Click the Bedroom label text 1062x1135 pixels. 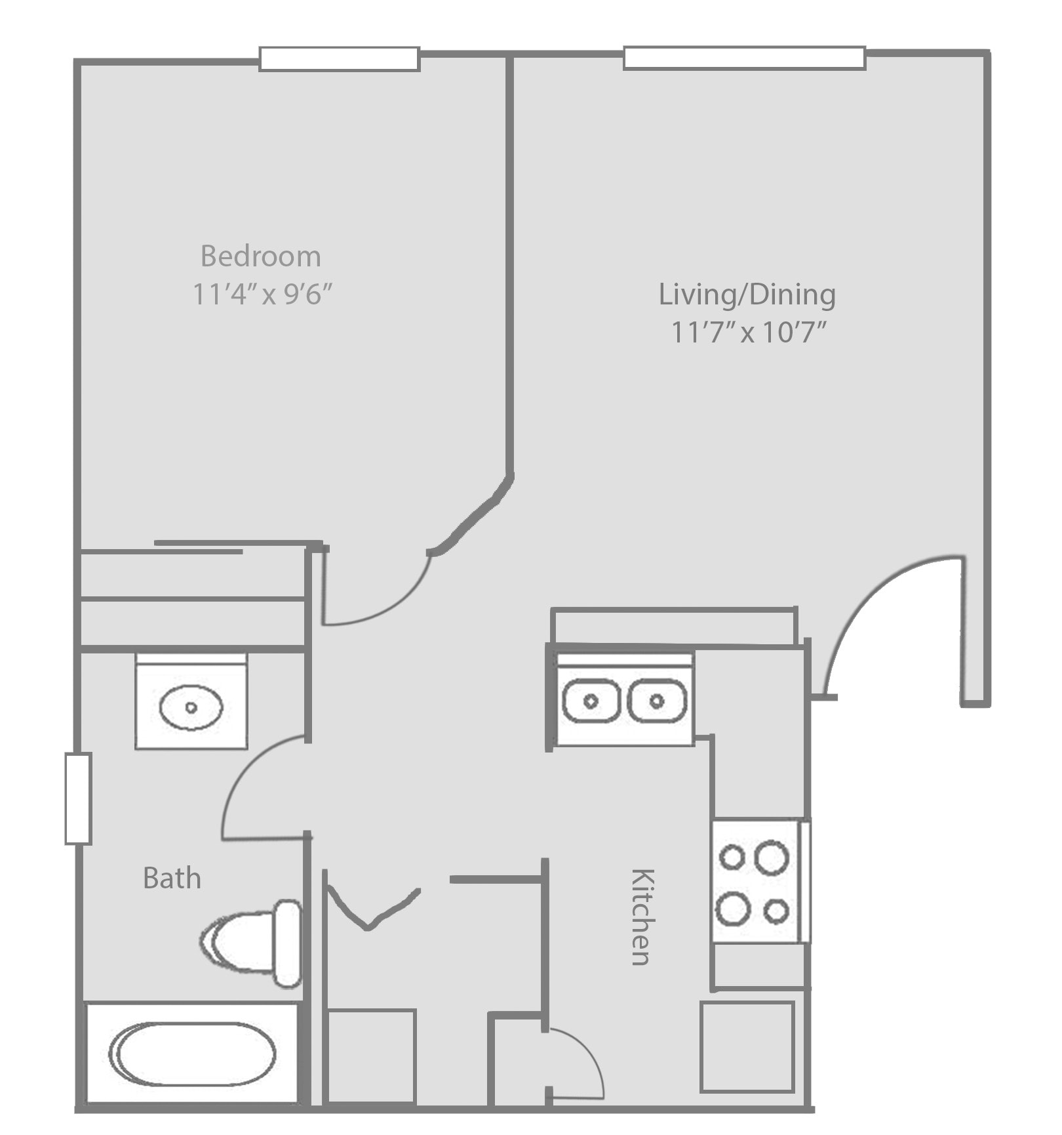pyautogui.click(x=260, y=256)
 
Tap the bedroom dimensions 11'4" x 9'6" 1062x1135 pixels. pyautogui.click(x=262, y=295)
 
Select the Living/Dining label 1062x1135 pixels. pyautogui.click(x=747, y=294)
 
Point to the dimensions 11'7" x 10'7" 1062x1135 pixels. pyautogui.click(x=747, y=333)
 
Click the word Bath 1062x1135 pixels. pyautogui.click(x=172, y=878)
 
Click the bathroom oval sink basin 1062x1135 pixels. pyautogui.click(x=191, y=707)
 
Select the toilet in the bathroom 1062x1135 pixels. pyautogui.click(x=252, y=943)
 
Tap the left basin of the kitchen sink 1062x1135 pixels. pyautogui.click(x=591, y=701)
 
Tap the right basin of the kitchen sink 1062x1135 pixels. pyautogui.click(x=657, y=701)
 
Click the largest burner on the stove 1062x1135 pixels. pyautogui.click(x=772, y=858)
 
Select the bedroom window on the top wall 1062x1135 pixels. pyautogui.click(x=339, y=58)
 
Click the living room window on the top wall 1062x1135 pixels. pyautogui.click(x=744, y=58)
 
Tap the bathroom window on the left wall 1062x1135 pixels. pyautogui.click(x=77, y=798)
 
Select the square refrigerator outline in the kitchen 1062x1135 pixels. pyautogui.click(x=747, y=1047)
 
